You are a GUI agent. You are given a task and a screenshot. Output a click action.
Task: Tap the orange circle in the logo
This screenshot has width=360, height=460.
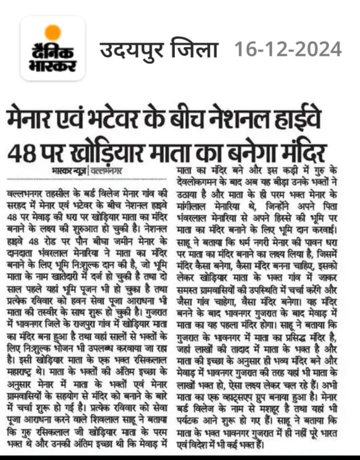(x=52, y=32)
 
